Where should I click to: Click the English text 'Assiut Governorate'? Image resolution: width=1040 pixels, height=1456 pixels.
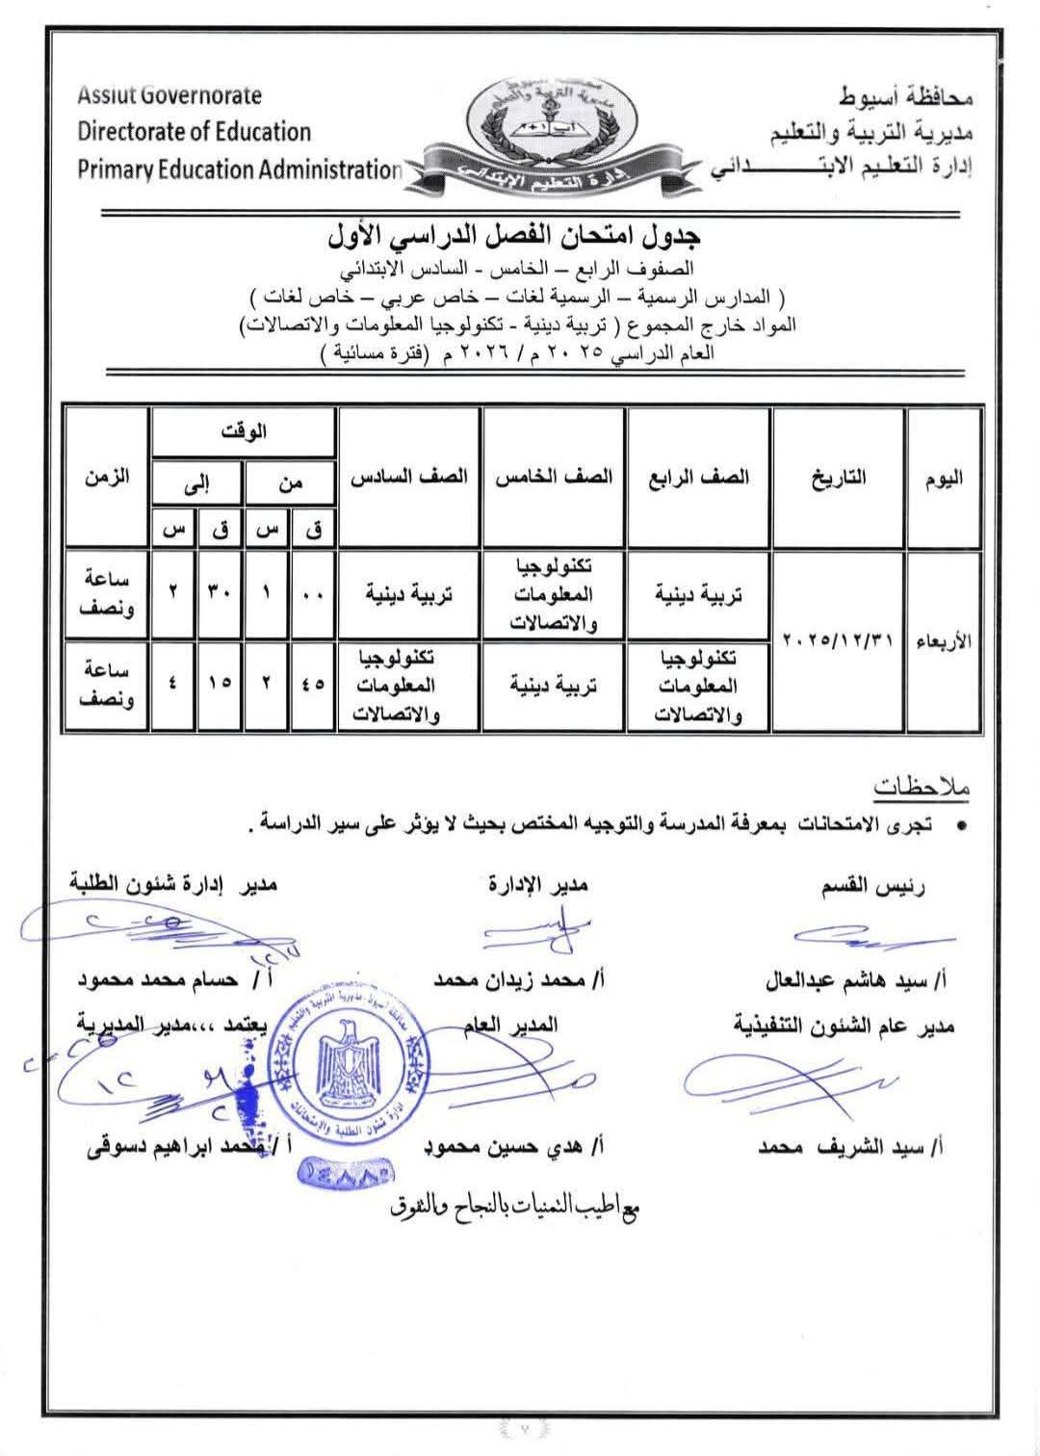(x=169, y=95)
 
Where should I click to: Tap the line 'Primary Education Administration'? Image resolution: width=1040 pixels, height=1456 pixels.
(x=239, y=169)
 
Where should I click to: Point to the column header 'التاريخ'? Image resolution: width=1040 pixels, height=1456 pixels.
(x=839, y=478)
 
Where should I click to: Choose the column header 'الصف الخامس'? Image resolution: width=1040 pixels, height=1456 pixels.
(x=554, y=478)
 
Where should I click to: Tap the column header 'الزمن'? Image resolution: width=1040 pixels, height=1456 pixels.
(x=108, y=478)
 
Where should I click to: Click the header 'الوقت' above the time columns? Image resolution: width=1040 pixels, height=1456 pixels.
(x=244, y=433)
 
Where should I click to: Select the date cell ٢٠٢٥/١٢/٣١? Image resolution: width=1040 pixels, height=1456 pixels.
(x=839, y=640)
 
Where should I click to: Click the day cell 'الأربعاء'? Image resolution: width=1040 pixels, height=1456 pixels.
(x=944, y=640)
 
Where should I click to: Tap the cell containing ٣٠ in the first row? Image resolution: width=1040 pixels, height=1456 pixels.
(x=221, y=593)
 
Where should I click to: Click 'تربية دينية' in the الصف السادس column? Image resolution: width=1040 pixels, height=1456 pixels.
(x=409, y=594)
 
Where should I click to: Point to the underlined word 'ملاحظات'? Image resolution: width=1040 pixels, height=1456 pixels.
(x=922, y=787)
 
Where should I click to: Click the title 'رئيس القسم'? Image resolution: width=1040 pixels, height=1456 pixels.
(x=872, y=887)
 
